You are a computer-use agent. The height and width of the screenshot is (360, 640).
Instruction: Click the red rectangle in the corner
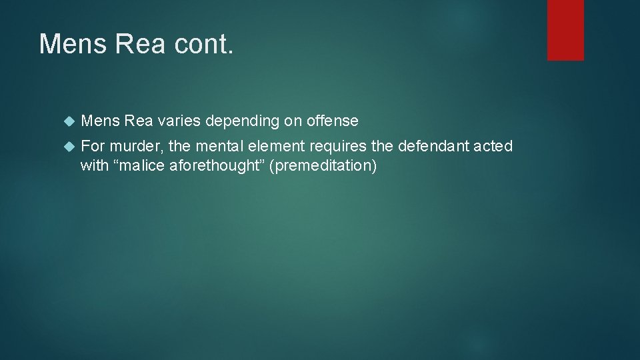(x=565, y=30)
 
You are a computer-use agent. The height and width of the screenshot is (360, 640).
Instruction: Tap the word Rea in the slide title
(x=138, y=44)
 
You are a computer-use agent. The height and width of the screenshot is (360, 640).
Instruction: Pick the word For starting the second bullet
(x=93, y=146)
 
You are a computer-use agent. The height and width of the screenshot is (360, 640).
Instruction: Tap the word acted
(x=493, y=146)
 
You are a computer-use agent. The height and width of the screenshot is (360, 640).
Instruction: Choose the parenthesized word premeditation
(x=325, y=165)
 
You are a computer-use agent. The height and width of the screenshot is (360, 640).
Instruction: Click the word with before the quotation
(x=93, y=165)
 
